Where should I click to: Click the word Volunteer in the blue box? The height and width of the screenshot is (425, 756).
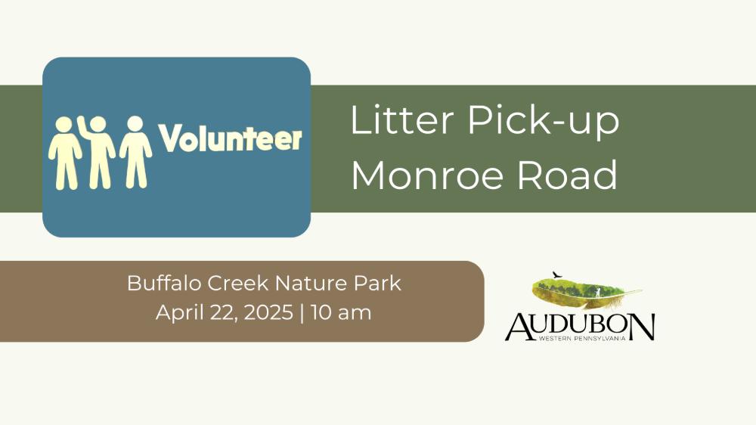point(231,138)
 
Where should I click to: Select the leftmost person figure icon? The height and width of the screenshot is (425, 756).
point(64,153)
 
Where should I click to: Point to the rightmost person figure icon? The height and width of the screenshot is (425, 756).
point(135,152)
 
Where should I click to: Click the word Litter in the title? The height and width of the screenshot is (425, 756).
point(402,119)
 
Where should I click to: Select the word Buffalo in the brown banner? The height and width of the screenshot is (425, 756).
point(164,283)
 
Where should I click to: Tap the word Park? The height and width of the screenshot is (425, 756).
point(377,283)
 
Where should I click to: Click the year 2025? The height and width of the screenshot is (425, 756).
point(268,312)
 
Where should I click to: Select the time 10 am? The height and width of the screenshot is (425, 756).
point(341,312)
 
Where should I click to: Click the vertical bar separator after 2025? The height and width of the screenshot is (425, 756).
point(302,313)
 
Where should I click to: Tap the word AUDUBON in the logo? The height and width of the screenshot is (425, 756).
point(580,327)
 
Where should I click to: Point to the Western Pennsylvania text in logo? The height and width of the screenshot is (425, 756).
point(582,338)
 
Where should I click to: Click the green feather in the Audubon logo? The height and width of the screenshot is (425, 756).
point(585,293)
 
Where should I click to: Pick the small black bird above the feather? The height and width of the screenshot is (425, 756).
point(557,275)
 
